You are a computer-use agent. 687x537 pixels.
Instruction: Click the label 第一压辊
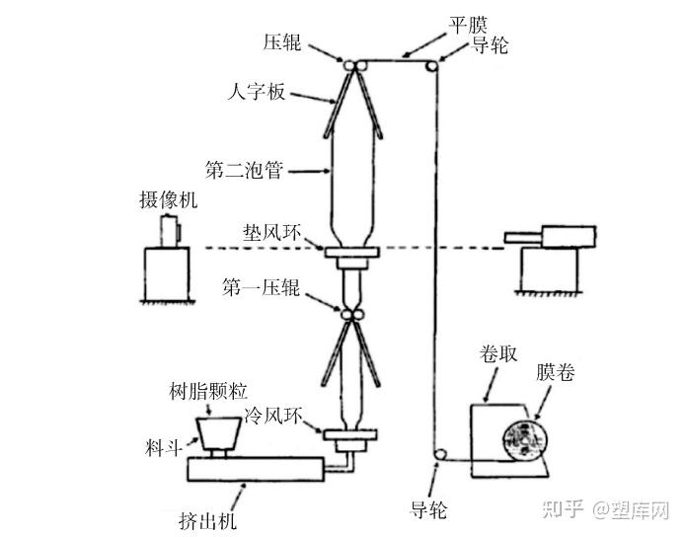coord(260,288)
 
